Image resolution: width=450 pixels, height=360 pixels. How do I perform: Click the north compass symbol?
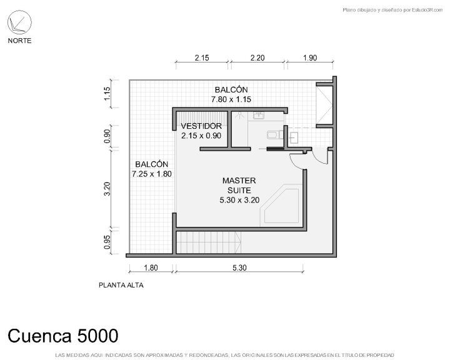point(19,22)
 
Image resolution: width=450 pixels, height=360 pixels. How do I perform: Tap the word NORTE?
point(19,41)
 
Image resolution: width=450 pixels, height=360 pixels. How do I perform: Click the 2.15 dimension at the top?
point(202,57)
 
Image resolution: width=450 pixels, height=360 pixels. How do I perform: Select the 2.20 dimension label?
point(257,57)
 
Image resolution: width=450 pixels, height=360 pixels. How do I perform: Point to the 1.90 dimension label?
point(310,57)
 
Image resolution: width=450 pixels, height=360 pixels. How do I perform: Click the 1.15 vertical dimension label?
point(107,94)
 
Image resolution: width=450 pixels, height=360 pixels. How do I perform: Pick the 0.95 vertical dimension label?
point(107,242)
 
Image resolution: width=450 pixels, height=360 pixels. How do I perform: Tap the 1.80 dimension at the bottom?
point(151,268)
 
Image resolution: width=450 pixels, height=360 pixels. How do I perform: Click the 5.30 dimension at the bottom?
point(239,268)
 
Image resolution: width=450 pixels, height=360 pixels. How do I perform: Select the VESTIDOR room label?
point(201,126)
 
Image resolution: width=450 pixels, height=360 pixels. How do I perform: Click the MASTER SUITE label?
point(239,186)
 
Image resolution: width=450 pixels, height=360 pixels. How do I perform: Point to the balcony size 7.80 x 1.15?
point(231,99)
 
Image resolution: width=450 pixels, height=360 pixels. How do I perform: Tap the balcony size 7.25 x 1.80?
point(152,174)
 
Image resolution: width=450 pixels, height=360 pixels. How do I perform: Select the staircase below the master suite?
point(208,242)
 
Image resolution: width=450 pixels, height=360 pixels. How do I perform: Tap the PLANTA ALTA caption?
point(121,285)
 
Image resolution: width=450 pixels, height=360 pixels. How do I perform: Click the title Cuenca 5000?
point(63,336)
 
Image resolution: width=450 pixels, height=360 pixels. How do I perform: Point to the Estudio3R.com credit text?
point(392,10)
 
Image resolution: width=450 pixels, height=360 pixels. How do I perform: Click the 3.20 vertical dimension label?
point(107,189)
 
